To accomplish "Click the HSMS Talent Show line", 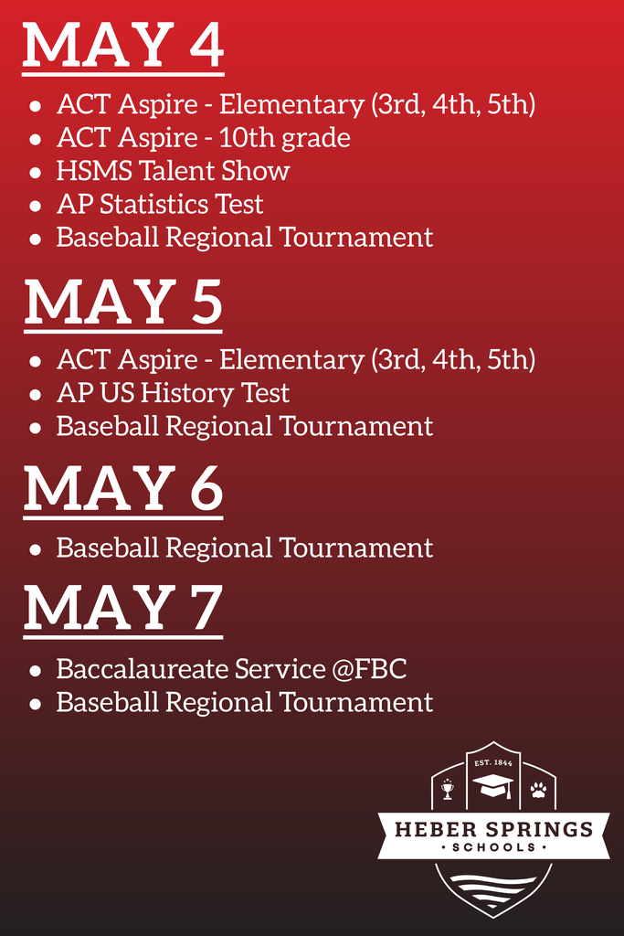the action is [173, 171].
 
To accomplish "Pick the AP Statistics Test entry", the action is [160, 204].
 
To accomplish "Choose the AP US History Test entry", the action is [173, 393].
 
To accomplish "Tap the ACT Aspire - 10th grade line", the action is [204, 138].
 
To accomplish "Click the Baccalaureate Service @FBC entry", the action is [231, 668].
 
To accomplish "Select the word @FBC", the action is [369, 668].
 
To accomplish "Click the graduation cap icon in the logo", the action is [492, 785].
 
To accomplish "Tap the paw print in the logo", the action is [539, 790].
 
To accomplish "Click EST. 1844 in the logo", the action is [493, 763].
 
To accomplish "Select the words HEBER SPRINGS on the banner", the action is [494, 829].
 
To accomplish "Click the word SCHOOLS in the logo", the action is [494, 847].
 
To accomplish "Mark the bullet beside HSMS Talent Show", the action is [36, 173].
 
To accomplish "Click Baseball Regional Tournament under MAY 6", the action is [245, 548].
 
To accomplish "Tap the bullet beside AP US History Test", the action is [36, 395].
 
